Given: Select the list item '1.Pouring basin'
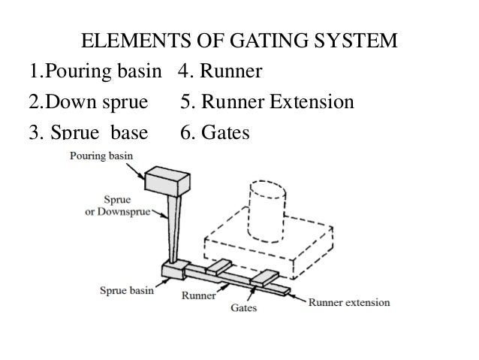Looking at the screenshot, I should point(95,72).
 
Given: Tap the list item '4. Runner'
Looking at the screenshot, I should point(220,72).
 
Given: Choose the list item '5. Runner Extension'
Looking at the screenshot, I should point(267,101).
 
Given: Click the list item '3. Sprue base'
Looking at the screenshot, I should point(87,132).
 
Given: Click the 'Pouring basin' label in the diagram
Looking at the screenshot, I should point(101,156).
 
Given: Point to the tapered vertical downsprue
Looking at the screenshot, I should point(170,225).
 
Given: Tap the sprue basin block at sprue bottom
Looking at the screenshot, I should point(172,268).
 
